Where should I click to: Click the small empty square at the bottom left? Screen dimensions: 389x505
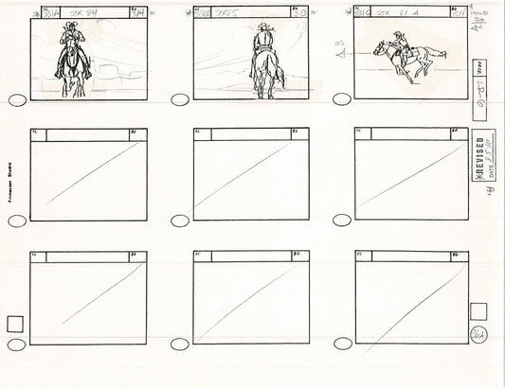tap(15, 324)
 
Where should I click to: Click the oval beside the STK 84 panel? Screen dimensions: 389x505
tap(16, 102)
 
